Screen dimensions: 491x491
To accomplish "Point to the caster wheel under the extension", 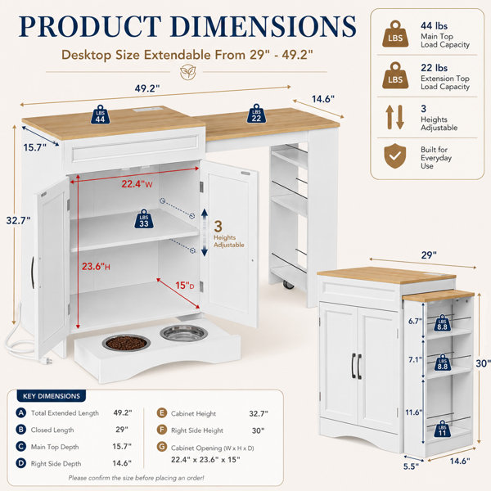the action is pos(289,284).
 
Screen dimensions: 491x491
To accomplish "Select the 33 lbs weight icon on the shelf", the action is pos(144,218).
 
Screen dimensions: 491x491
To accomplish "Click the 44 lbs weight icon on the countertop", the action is pos(100,115).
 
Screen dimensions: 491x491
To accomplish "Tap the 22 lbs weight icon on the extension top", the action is pos(256,114).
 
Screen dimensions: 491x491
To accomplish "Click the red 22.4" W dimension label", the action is pos(137,184).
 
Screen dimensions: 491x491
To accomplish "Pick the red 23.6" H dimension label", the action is pos(96,267).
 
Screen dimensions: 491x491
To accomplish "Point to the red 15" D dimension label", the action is pos(185,286).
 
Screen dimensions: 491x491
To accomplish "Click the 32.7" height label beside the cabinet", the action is pos(19,220).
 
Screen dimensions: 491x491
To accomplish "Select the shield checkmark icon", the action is pos(395,156).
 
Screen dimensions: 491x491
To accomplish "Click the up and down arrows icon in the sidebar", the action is pos(394,117).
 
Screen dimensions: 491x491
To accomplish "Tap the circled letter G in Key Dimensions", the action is pos(162,447).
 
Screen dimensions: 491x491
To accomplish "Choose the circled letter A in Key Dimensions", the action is pos(21,412).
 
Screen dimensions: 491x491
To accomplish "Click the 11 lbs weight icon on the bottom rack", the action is pos(442,429).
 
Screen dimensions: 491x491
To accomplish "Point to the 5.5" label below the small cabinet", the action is pos(411,466).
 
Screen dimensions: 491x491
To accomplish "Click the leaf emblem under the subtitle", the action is pos(188,72).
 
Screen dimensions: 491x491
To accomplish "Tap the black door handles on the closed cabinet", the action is pos(356,366).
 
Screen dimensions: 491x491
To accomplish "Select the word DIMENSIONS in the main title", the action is pos(263,27).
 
